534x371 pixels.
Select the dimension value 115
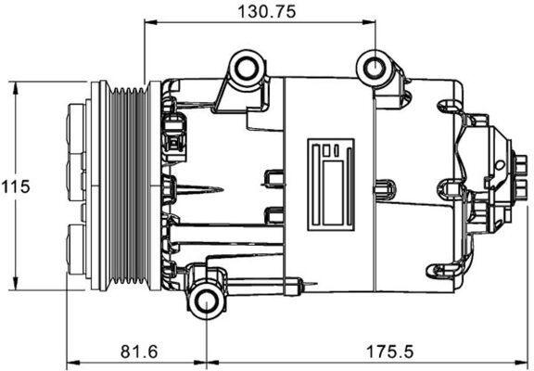pyautogui.click(x=15, y=185)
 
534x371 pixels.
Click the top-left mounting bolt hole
pyautogui.click(x=246, y=69)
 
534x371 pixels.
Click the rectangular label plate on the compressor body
pyautogui.click(x=331, y=181)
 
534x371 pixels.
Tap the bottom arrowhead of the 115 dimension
pyautogui.click(x=17, y=285)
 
